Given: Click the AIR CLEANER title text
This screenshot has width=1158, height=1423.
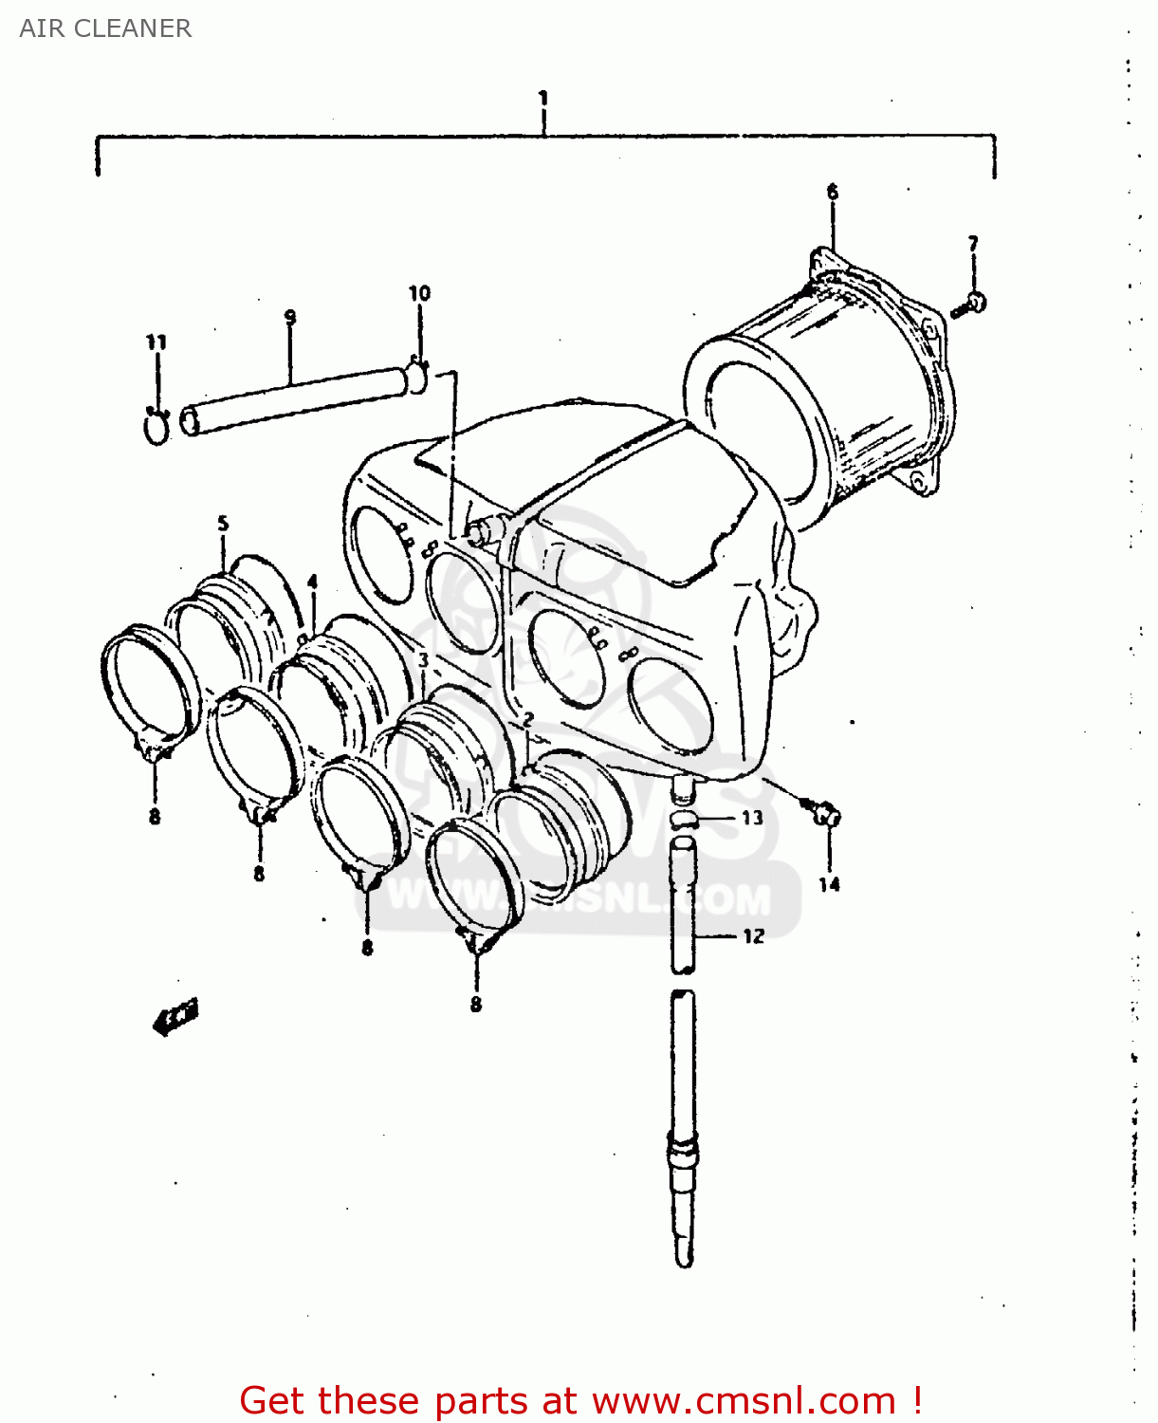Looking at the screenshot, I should [x=105, y=28].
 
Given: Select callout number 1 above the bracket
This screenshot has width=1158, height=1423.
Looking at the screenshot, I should [x=543, y=98].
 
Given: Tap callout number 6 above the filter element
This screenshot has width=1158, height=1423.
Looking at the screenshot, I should [x=833, y=192].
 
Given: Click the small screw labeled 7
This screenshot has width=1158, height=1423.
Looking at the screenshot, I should [x=972, y=305].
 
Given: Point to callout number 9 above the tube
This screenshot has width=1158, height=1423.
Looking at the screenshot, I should [x=290, y=317].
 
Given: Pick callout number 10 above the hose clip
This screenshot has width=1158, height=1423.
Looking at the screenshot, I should [x=419, y=293].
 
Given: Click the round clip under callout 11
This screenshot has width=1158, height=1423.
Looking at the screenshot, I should [x=156, y=429].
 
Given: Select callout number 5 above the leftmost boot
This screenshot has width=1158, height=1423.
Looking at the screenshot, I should [x=223, y=523].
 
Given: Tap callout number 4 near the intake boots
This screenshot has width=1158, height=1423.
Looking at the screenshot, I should [x=312, y=582].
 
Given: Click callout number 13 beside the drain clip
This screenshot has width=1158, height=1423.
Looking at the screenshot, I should [x=752, y=818].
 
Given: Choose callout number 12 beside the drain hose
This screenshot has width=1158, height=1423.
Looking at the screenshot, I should [x=754, y=936].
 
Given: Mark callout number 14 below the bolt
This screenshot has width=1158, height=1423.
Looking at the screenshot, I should [x=830, y=884].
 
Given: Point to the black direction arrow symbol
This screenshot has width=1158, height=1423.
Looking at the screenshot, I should [x=176, y=1017].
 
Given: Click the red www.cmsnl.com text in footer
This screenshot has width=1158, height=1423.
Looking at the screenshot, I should [x=744, y=1400].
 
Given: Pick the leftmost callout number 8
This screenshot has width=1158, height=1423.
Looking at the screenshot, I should [x=155, y=816].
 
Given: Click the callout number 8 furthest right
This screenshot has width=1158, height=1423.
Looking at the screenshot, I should [x=476, y=1004].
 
